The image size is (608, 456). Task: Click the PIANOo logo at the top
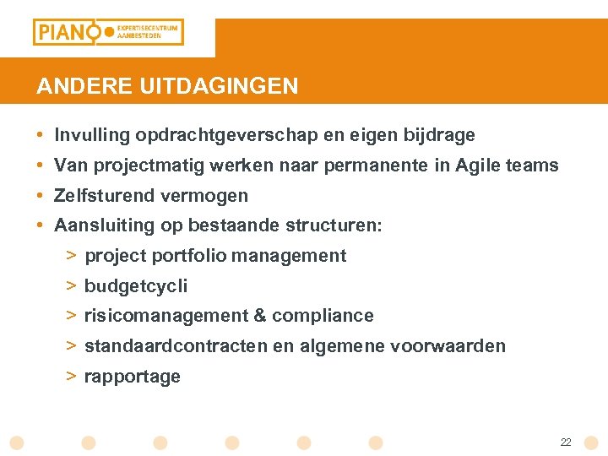[107, 32]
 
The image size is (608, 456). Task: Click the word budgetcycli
[136, 286]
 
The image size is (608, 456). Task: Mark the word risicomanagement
[166, 316]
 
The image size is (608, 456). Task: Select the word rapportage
[133, 377]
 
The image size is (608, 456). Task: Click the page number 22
[566, 442]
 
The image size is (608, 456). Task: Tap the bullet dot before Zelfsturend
[41, 196]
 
